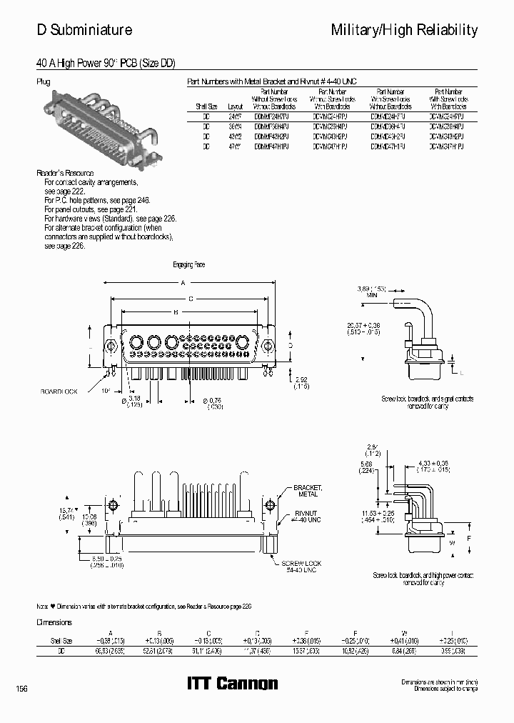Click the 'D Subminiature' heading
(84, 30)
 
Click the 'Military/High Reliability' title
(404, 30)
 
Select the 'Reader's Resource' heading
(65, 174)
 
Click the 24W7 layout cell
(235, 115)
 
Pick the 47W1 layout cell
(235, 145)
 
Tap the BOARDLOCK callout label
(59, 392)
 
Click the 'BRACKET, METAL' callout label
(308, 491)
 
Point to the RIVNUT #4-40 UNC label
(308, 516)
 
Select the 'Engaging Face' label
(188, 264)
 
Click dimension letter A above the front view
(183, 282)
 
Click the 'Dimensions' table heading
(55, 622)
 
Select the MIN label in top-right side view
(371, 294)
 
